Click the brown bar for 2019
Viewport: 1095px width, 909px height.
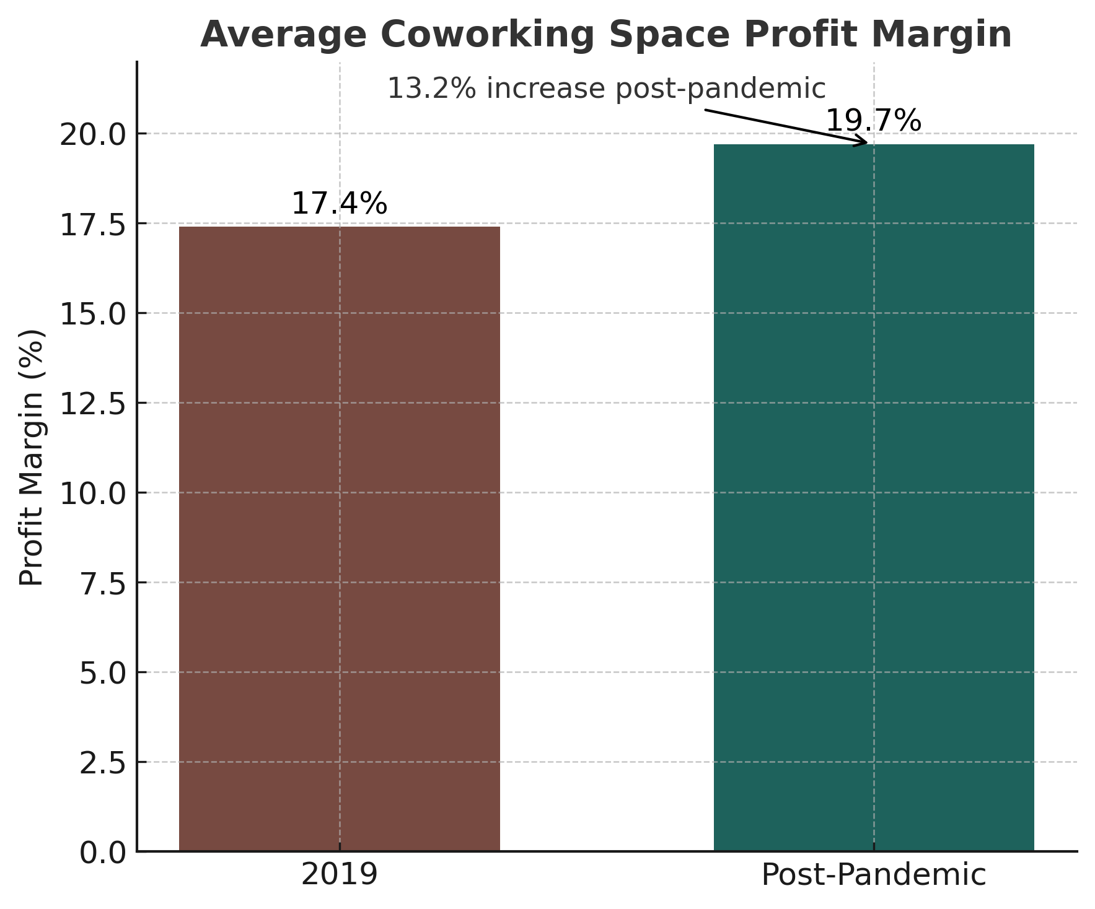(339, 539)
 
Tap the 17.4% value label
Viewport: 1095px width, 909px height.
(339, 204)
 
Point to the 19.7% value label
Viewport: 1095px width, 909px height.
(874, 121)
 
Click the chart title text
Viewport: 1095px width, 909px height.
(605, 35)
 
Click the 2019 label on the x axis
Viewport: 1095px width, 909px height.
(339, 875)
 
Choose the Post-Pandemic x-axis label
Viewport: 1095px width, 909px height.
(874, 875)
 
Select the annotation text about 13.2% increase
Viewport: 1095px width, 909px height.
(606, 89)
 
